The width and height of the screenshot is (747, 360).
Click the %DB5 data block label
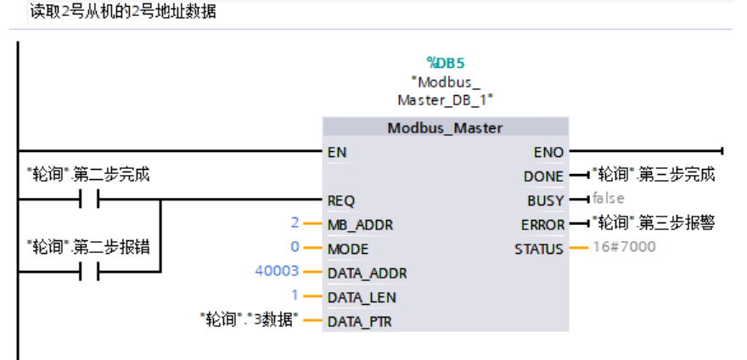446,62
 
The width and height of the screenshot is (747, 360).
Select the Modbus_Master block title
445,128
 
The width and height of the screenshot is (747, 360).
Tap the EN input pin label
336,153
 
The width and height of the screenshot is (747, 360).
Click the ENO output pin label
548,153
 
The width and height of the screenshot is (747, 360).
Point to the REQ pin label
340,201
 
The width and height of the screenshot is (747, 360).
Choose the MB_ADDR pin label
360,225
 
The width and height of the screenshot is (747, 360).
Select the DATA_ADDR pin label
367,273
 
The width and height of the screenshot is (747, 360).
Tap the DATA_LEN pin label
362,298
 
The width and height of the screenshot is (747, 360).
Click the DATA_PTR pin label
360,322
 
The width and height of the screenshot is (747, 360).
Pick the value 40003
278,272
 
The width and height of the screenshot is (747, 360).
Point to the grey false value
608,198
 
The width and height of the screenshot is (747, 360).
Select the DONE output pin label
543,177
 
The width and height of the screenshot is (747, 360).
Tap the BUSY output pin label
545,201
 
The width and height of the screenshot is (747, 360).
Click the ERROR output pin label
542,225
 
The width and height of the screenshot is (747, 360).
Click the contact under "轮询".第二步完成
88,200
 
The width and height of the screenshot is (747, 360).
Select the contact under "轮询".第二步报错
88,273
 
